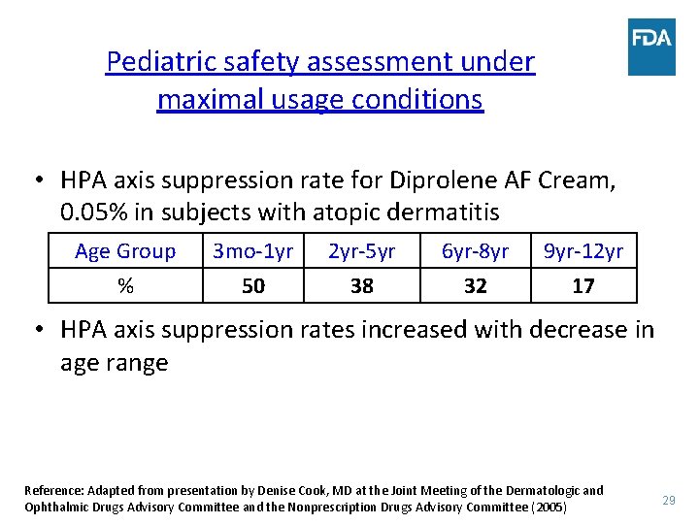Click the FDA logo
(650, 47)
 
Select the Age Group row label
(125, 251)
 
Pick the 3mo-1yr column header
(252, 251)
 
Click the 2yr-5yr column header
(362, 251)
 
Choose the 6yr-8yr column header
(476, 251)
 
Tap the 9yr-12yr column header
(583, 251)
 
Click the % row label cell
(125, 286)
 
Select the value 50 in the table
(252, 286)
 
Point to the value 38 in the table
(362, 286)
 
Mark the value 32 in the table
(476, 286)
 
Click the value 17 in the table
(583, 286)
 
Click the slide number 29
(668, 500)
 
